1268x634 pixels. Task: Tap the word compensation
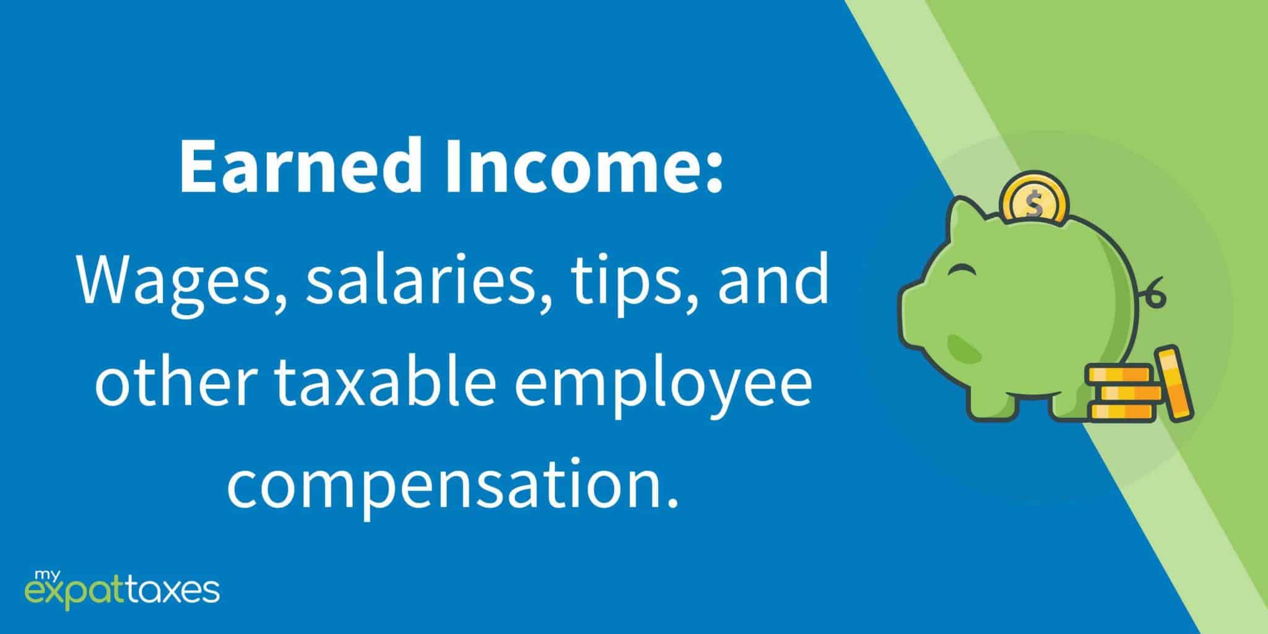point(449,485)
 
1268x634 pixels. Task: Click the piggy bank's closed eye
point(965,271)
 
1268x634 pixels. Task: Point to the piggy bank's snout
point(913,313)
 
